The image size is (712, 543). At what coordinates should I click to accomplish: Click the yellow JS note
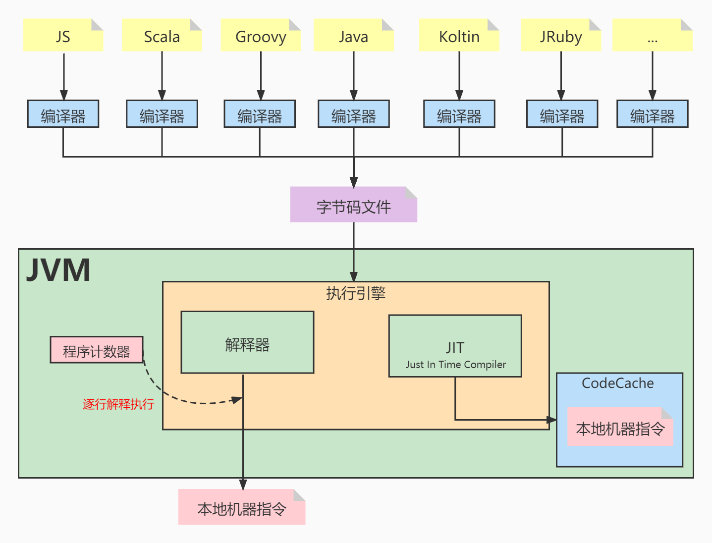(x=63, y=36)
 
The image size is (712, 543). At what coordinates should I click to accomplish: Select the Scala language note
(x=162, y=36)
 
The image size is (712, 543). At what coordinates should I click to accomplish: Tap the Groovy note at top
(x=261, y=36)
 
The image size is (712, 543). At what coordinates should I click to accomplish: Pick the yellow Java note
(x=353, y=36)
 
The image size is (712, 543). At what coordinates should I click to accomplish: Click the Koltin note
(x=459, y=36)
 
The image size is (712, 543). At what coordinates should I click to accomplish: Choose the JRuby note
(x=561, y=36)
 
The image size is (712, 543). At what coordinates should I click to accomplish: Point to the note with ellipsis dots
(x=652, y=36)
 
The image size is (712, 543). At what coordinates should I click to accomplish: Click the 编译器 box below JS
(x=63, y=114)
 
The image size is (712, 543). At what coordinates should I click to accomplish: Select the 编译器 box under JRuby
(x=562, y=114)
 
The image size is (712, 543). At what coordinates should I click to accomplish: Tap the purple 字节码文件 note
(x=353, y=205)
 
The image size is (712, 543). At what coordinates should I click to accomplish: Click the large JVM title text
(x=58, y=271)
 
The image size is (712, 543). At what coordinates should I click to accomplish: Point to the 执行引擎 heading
(x=356, y=293)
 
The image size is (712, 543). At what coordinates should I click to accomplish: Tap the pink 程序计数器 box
(x=97, y=350)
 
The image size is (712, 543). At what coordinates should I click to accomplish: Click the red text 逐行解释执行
(x=118, y=404)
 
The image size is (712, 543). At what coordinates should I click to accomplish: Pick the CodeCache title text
(x=618, y=383)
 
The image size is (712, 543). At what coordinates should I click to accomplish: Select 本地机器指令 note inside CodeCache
(x=620, y=428)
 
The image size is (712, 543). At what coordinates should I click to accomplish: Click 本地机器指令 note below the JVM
(x=242, y=508)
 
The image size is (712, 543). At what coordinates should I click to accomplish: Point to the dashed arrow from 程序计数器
(x=178, y=398)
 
